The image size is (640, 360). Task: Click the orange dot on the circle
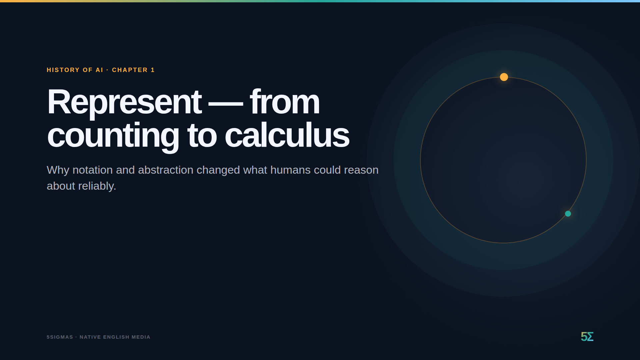pyautogui.click(x=504, y=77)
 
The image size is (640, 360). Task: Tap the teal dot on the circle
pyautogui.click(x=568, y=214)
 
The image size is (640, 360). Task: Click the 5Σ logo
pyautogui.click(x=587, y=337)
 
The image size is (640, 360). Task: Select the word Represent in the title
pyautogui.click(x=124, y=102)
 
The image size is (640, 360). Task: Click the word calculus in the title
pyautogui.click(x=287, y=135)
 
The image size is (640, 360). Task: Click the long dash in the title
pyautogui.click(x=226, y=104)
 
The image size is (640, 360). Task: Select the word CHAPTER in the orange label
pyautogui.click(x=130, y=70)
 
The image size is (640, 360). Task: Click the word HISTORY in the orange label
pyautogui.click(x=63, y=70)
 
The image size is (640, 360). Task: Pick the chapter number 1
pyautogui.click(x=153, y=70)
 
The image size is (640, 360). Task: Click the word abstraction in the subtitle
pyautogui.click(x=166, y=170)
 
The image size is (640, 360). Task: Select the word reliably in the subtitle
pyautogui.click(x=97, y=186)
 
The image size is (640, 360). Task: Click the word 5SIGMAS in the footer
pyautogui.click(x=60, y=337)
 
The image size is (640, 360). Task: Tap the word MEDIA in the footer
pyautogui.click(x=141, y=337)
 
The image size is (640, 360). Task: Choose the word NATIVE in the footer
pyautogui.click(x=90, y=337)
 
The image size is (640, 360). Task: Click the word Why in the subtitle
pyautogui.click(x=58, y=170)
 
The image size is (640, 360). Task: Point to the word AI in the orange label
pyautogui.click(x=99, y=70)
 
